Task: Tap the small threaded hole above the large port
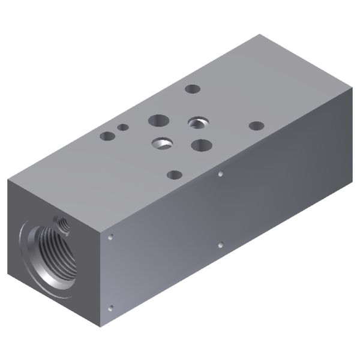point(61,224)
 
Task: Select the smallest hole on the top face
point(122,127)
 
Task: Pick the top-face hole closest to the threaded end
point(108,136)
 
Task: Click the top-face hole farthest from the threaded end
point(256,126)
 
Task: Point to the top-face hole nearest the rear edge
point(192,89)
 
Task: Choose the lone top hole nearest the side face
point(174,175)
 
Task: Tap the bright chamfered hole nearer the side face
point(161,143)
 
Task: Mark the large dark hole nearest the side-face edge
point(201,145)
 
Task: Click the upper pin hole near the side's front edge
point(111,238)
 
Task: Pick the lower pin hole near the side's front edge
point(110,308)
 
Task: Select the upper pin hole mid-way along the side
point(221,174)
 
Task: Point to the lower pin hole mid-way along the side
point(221,245)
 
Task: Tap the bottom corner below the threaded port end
point(100,329)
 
